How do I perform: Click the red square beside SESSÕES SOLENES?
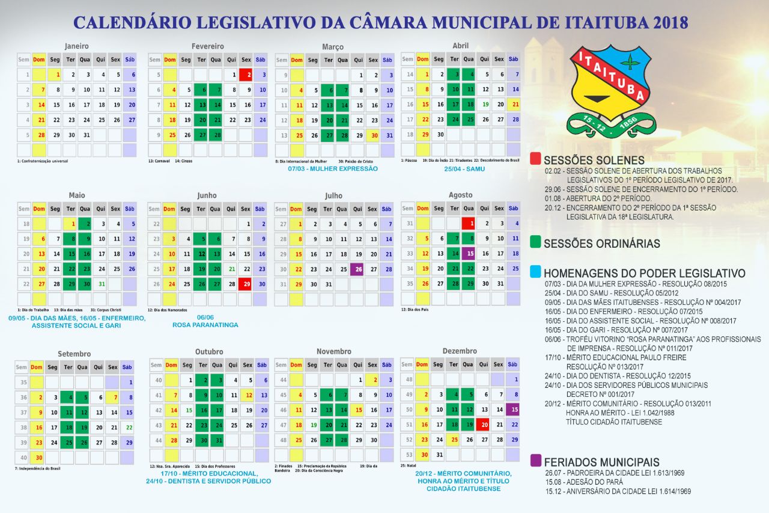point(535,159)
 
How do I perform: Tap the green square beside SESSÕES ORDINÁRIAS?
point(535,243)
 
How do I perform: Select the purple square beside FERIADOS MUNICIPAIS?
point(535,461)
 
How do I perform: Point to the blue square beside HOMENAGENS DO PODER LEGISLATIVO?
point(535,272)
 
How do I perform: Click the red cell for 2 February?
point(246,75)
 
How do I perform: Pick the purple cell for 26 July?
point(357,269)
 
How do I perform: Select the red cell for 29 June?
point(246,284)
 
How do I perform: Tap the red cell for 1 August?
point(469,224)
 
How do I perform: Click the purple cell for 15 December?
point(513,410)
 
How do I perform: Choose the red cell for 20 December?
point(484,425)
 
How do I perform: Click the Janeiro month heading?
point(77,46)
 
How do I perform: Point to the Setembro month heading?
point(74,354)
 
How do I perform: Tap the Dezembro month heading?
point(460,351)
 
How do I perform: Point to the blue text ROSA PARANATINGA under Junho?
point(205,325)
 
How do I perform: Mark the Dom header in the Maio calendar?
point(39,209)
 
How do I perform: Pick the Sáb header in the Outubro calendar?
point(261,365)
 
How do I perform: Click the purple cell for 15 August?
point(469,254)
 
